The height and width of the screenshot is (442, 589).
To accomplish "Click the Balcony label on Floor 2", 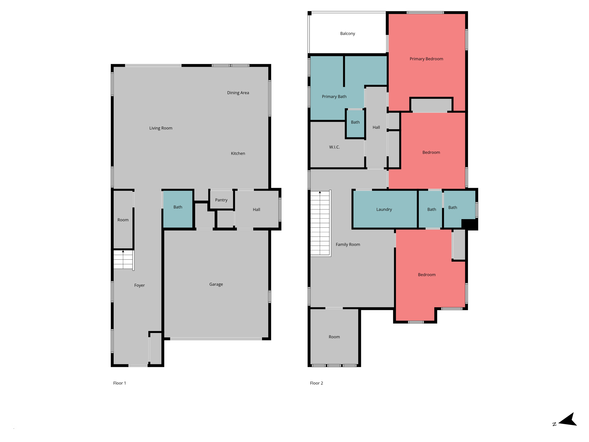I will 347,34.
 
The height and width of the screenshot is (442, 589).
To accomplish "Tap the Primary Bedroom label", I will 426,59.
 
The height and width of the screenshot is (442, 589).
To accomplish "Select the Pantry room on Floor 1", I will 221,200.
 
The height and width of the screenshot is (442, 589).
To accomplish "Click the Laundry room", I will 384,209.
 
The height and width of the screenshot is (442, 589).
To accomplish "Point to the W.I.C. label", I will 334,147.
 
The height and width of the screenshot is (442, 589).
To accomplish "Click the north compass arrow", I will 568,420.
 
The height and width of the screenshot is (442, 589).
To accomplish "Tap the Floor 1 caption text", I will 120,383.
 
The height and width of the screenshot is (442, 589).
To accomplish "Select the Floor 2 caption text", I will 316,383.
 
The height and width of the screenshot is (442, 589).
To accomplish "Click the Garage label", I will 216,284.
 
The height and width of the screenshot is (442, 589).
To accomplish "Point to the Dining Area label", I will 238,93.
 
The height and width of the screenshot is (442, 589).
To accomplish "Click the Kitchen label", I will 238,153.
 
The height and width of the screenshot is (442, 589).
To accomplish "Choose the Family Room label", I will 348,245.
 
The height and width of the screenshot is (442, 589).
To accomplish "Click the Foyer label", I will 139,285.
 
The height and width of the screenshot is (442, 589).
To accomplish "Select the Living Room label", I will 161,128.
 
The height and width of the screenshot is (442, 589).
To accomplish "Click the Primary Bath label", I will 334,97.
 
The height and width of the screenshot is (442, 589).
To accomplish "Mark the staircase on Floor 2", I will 320,223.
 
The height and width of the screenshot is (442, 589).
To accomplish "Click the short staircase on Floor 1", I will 123,260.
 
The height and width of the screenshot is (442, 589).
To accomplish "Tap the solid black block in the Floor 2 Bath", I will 469,224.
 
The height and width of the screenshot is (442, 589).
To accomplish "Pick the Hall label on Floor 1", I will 257,209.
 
